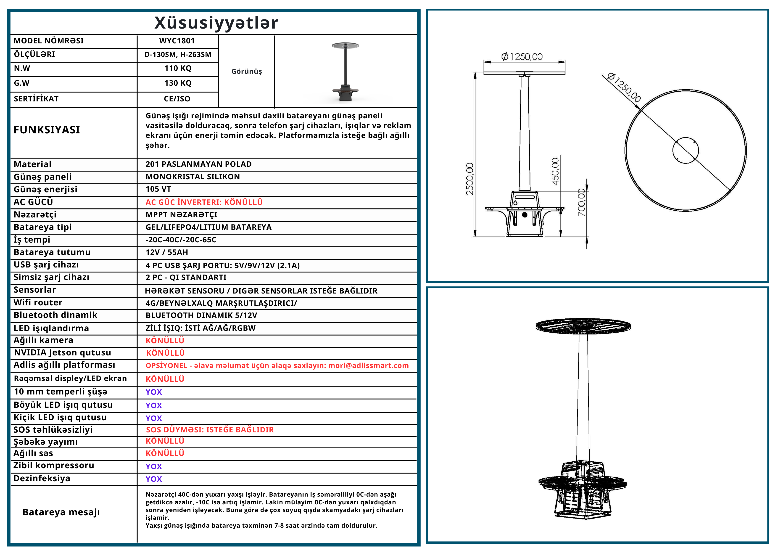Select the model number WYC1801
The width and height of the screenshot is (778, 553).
coord(177,41)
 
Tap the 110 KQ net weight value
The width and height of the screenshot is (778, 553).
coord(178,69)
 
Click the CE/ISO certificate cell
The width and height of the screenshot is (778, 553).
coord(177,99)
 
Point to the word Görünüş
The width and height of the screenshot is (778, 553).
coord(246,71)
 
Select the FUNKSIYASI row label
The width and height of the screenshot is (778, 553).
coord(47,130)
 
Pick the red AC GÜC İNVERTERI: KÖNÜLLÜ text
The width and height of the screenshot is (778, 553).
coord(204,202)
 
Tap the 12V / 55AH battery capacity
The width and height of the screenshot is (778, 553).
coord(167,252)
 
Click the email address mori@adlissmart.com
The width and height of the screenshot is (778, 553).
coord(368,366)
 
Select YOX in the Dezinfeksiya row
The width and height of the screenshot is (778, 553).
coord(153,479)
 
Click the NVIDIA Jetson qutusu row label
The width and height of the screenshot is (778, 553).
coord(62,353)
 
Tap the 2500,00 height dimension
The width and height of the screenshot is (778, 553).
coord(470,179)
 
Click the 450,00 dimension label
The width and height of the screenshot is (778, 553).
coord(555,171)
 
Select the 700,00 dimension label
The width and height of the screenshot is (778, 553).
coord(581,202)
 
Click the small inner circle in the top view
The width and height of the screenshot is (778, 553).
coord(686,150)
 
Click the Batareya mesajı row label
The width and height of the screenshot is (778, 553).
coord(61,512)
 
